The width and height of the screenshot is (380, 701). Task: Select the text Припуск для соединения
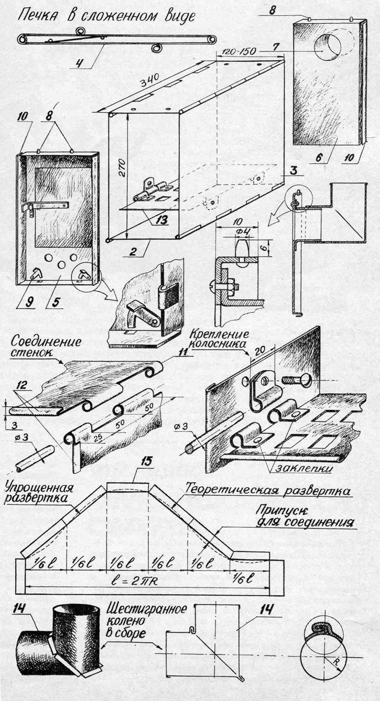tap(306, 516)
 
